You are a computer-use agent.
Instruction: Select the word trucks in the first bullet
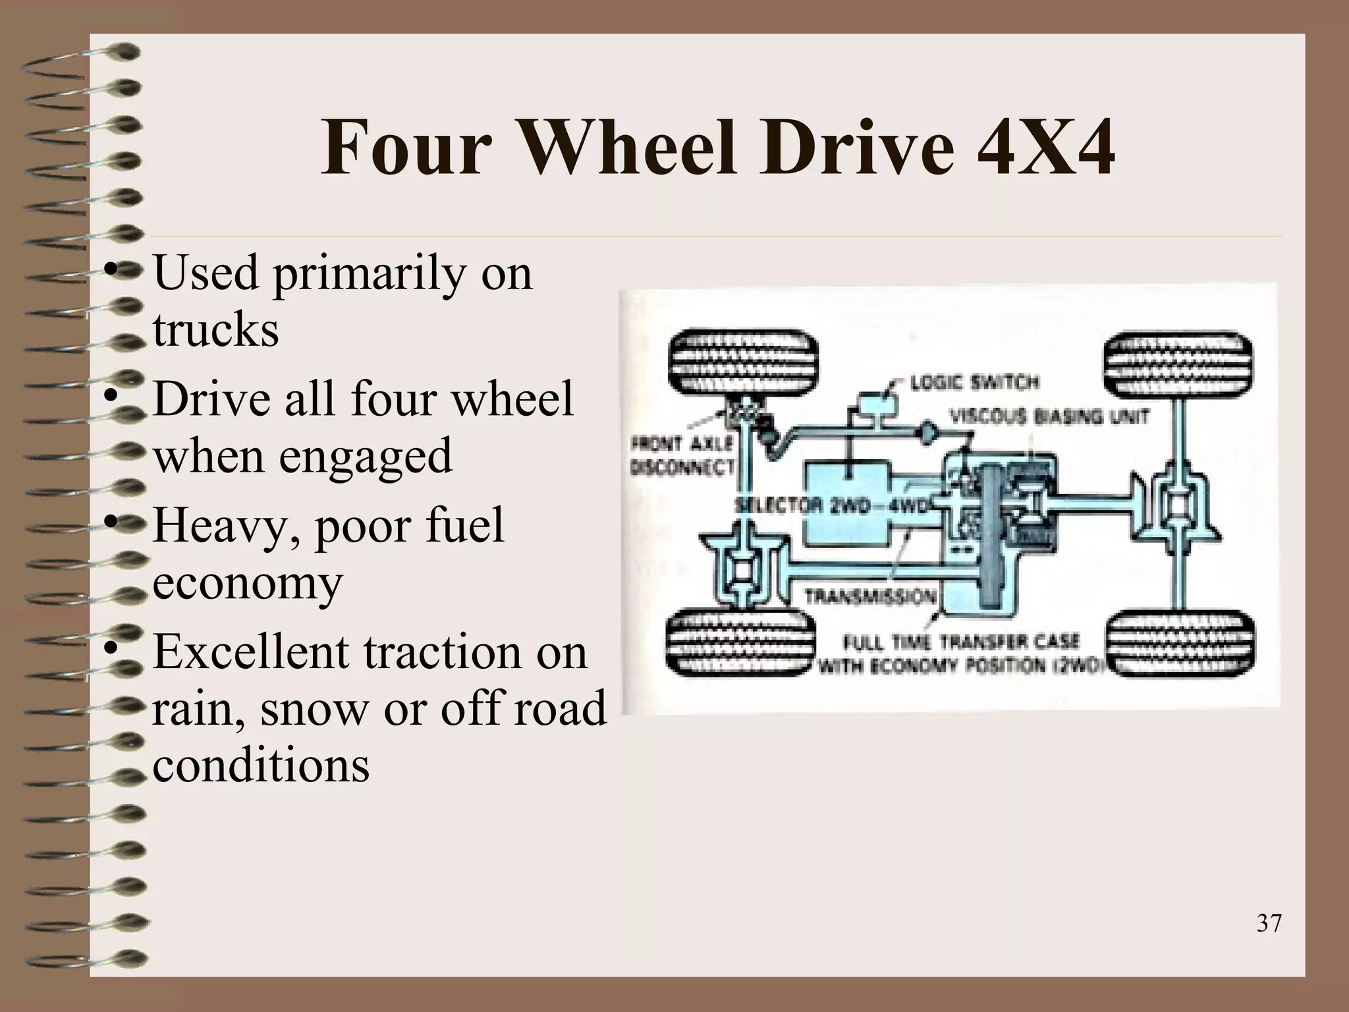point(216,329)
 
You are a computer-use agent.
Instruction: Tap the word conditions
point(261,766)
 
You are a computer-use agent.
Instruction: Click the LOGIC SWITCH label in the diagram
point(974,382)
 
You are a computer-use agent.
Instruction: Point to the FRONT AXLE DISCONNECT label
point(682,455)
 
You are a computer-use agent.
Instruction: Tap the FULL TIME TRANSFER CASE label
point(962,642)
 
